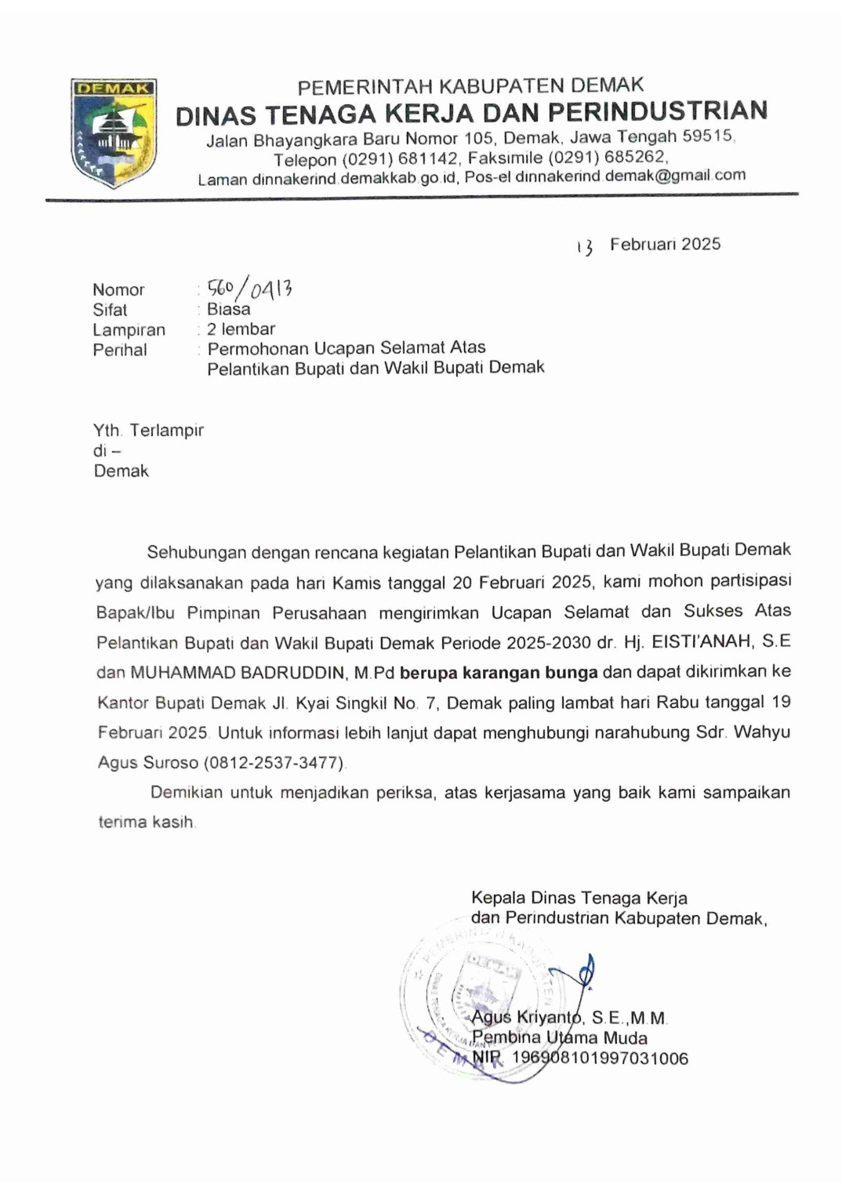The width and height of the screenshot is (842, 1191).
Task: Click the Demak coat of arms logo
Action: (x=114, y=133)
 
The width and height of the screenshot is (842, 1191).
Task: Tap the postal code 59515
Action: (x=707, y=136)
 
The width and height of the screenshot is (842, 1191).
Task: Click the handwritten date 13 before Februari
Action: (x=584, y=247)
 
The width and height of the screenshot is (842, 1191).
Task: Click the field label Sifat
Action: (x=110, y=310)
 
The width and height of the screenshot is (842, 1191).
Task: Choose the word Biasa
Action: (x=228, y=309)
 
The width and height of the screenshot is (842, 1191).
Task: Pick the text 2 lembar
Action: (x=241, y=329)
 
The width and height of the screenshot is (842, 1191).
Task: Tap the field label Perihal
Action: (x=120, y=350)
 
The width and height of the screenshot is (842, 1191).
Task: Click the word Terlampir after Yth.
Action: (x=166, y=430)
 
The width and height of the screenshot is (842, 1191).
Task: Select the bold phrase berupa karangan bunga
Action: (x=499, y=672)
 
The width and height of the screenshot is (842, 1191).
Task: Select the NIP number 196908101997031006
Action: (x=600, y=1058)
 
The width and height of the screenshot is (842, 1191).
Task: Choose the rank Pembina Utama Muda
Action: (x=560, y=1038)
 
